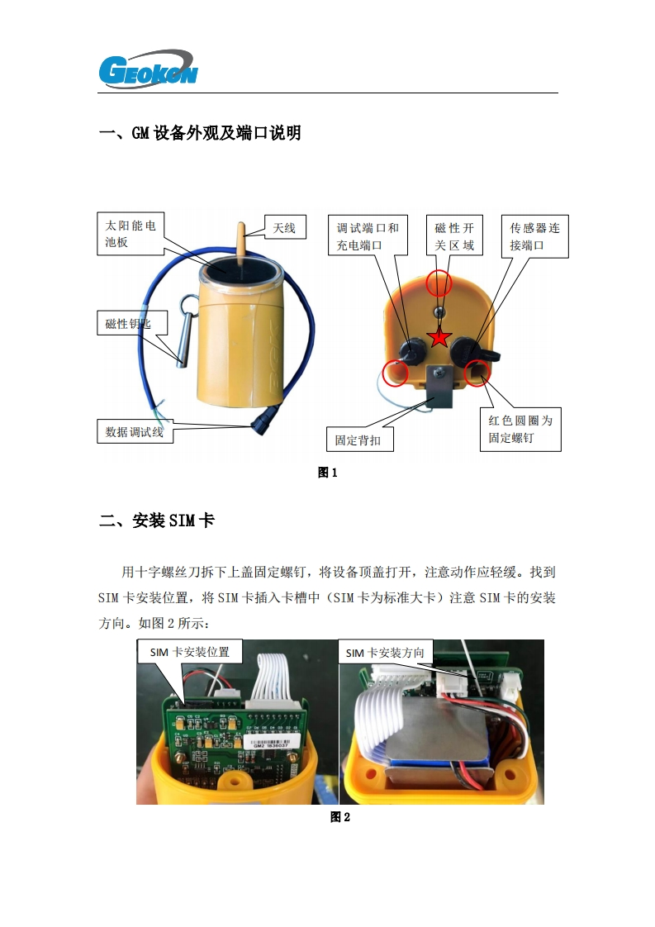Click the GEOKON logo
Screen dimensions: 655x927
coord(148,69)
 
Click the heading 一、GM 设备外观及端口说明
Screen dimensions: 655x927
coord(200,133)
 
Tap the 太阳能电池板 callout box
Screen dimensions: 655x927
coord(130,234)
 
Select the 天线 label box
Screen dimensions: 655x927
coord(284,227)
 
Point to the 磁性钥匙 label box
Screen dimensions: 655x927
coord(132,323)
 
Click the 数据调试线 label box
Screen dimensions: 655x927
coord(135,431)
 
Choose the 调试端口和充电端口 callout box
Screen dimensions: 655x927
coord(368,236)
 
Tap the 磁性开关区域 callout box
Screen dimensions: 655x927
coord(454,236)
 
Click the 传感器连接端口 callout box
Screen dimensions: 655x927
coord(535,236)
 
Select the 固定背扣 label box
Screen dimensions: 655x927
coord(359,440)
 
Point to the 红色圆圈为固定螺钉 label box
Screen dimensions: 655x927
coord(520,429)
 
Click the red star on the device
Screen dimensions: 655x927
coord(439,338)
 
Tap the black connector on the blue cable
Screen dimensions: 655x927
coord(263,419)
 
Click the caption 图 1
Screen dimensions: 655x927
coord(327,473)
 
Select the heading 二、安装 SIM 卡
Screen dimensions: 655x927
coord(157,521)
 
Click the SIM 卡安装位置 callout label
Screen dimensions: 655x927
coord(190,652)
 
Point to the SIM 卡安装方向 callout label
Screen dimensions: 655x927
coord(386,652)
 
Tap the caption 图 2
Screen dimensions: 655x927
coord(340,817)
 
